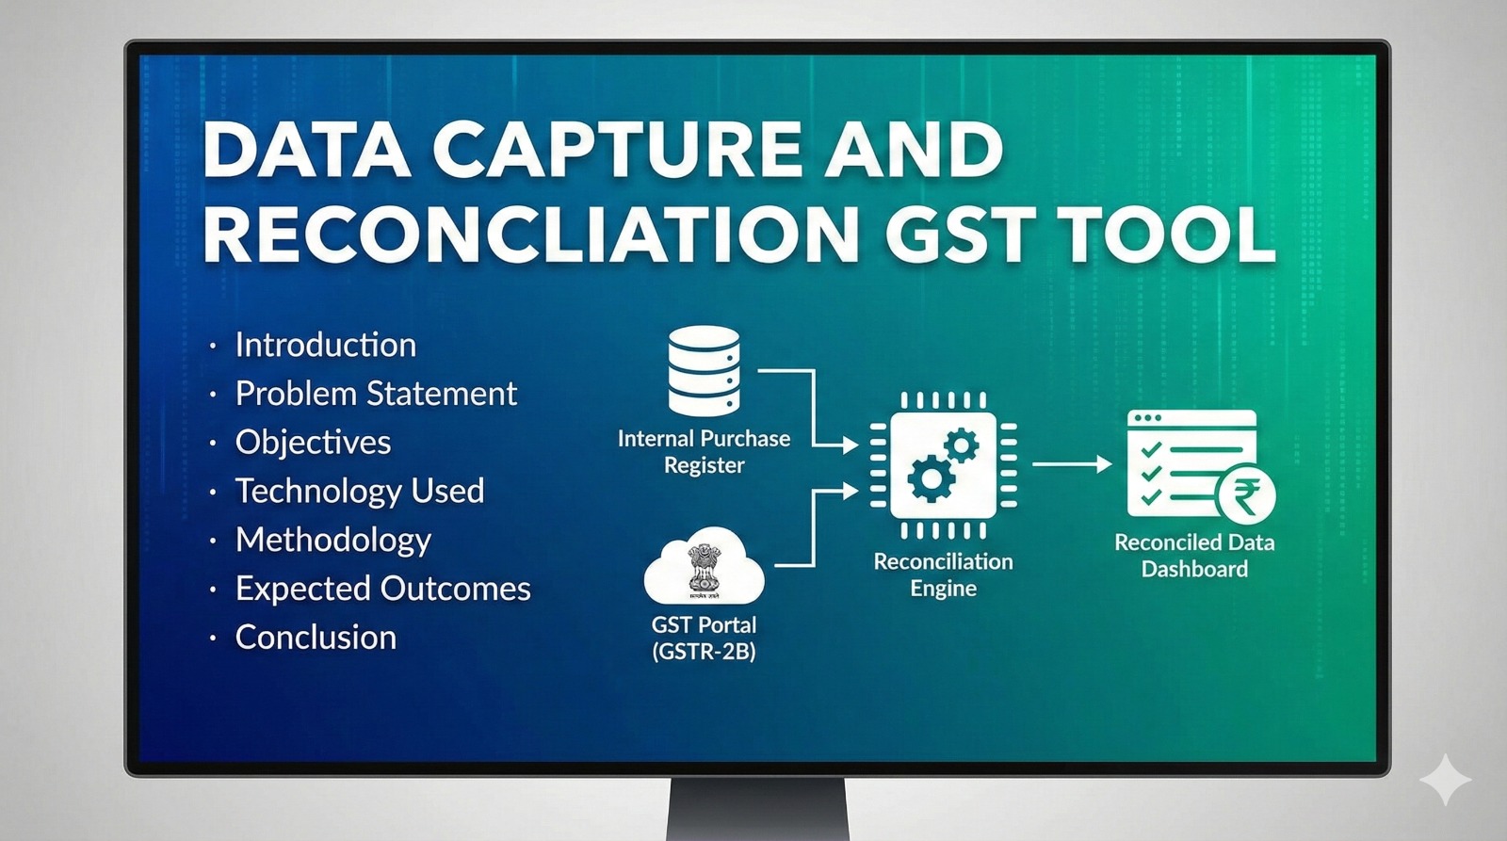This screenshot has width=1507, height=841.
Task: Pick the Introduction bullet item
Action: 326,345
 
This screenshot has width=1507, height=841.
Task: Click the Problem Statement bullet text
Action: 376,394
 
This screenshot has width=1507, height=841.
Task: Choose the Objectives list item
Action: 313,443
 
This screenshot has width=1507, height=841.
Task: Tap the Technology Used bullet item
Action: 359,492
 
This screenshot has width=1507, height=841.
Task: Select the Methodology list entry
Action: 333,541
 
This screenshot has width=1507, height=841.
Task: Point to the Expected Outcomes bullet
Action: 382,589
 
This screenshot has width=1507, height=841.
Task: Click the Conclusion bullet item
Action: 316,638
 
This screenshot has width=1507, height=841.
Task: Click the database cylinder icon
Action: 704,371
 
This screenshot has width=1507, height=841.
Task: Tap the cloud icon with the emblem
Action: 704,567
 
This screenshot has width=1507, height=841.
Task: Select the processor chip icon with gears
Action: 943,465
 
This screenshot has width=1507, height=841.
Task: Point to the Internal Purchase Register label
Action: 704,452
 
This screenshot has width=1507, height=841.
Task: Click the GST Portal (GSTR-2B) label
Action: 704,639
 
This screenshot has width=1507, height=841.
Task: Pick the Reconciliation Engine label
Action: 943,575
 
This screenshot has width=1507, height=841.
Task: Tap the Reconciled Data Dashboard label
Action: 1194,556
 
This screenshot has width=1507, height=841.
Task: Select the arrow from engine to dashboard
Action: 1072,464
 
